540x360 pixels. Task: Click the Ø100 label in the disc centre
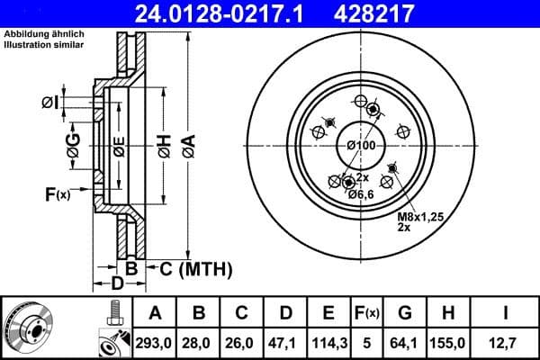coord(361,146)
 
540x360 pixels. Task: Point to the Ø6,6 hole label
coord(362,195)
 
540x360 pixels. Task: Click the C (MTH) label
coord(195,269)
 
